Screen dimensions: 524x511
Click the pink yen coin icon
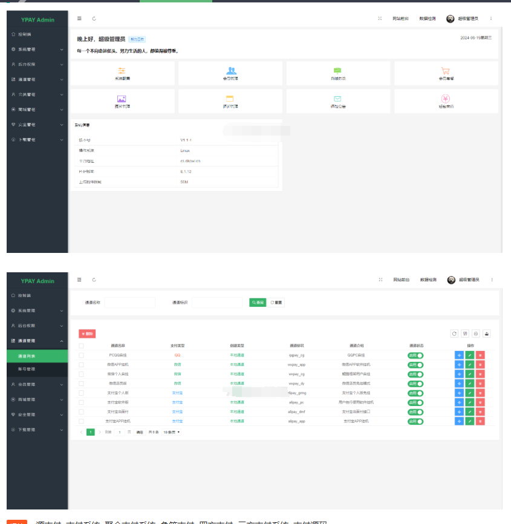click(445, 99)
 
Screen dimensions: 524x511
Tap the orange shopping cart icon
click(445, 70)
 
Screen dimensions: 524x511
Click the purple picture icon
click(122, 99)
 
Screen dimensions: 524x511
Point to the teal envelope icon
click(337, 99)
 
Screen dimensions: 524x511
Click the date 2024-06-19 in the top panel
click(476, 38)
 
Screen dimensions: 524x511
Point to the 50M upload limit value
click(184, 182)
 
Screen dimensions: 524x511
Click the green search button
click(258, 302)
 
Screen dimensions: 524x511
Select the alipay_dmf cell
click(296, 411)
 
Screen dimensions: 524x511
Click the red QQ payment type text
click(177, 355)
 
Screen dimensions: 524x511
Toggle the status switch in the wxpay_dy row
click(415, 384)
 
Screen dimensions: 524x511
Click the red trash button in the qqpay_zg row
click(480, 355)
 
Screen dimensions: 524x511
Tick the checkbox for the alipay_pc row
click(81, 402)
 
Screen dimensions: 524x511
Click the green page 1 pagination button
click(91, 432)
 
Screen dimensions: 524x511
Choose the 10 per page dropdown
click(172, 432)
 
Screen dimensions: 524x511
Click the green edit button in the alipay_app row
click(470, 421)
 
